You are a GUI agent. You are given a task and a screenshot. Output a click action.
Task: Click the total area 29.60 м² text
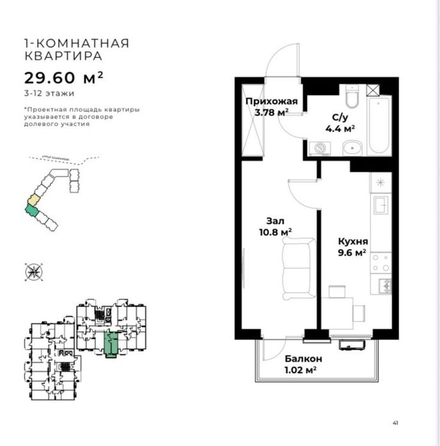[63, 78]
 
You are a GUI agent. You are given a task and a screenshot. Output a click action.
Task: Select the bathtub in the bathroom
[379, 124]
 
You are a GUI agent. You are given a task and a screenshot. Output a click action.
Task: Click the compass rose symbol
[33, 272]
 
